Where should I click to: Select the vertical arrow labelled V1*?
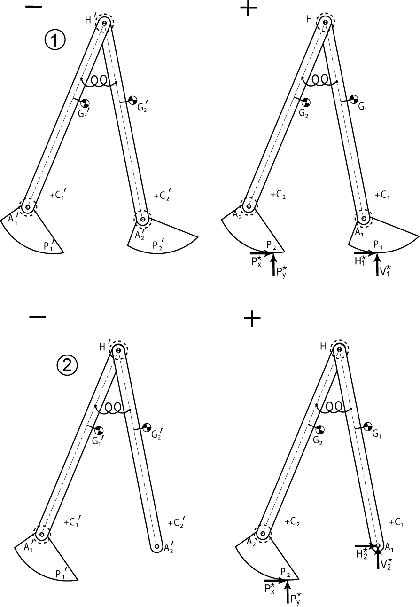click(377, 266)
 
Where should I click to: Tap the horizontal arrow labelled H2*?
click(365, 546)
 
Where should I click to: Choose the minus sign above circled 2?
click(38, 317)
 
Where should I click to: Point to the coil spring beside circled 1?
click(99, 81)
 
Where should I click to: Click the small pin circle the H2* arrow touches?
click(377, 546)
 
